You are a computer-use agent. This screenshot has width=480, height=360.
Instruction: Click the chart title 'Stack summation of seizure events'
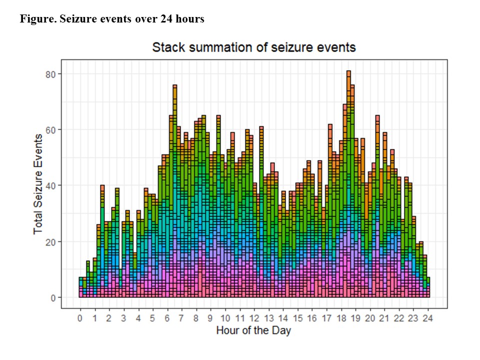pos(253,47)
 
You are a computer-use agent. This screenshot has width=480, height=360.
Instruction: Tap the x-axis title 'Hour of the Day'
pos(253,330)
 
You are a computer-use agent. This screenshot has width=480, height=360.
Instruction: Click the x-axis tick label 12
pos(254,318)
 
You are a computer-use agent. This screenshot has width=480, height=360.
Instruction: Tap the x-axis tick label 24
pos(428,318)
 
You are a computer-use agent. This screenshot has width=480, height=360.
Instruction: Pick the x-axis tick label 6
pos(167,318)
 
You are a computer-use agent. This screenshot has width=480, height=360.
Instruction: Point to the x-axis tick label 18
pos(341,318)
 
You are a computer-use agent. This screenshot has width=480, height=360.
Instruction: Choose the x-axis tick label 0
pos(80,318)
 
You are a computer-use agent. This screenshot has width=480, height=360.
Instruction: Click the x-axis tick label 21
pos(384,318)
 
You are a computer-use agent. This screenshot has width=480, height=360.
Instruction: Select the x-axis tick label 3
pos(123,318)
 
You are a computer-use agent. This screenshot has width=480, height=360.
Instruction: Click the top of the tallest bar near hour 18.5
pos(348,71)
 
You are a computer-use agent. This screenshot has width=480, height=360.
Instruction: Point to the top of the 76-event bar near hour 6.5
pos(174,85)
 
